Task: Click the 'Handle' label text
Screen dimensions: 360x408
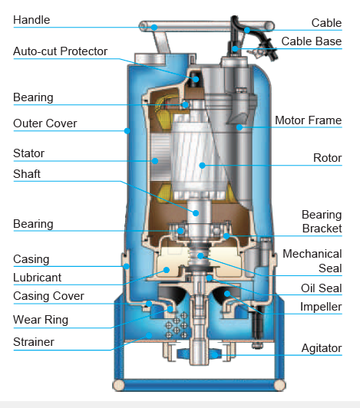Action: click(x=31, y=20)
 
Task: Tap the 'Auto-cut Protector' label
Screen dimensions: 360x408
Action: click(x=60, y=51)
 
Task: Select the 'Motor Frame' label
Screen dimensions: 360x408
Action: click(x=308, y=120)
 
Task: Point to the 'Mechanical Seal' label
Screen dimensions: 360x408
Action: click(x=312, y=261)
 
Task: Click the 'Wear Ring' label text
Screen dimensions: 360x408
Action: click(x=41, y=320)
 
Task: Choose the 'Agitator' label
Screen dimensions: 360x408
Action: click(x=322, y=348)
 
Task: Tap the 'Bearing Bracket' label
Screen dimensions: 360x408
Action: click(x=322, y=222)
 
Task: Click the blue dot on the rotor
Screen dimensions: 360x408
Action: click(x=202, y=165)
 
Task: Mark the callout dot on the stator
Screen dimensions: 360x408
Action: click(x=155, y=161)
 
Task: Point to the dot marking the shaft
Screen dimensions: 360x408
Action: click(x=196, y=213)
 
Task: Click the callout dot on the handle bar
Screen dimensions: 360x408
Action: click(x=154, y=28)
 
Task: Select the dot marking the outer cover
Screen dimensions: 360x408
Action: click(x=127, y=130)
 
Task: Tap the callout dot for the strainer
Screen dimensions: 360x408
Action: click(x=149, y=335)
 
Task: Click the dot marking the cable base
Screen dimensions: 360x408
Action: click(x=235, y=48)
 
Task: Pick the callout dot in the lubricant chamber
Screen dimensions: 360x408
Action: click(x=167, y=270)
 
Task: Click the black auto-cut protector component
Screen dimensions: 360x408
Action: click(x=194, y=78)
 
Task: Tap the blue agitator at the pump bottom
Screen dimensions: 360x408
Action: click(x=200, y=354)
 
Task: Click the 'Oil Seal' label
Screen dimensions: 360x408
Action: click(x=321, y=288)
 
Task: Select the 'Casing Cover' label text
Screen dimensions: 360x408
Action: click(x=48, y=296)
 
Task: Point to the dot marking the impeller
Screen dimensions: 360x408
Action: click(x=227, y=294)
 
